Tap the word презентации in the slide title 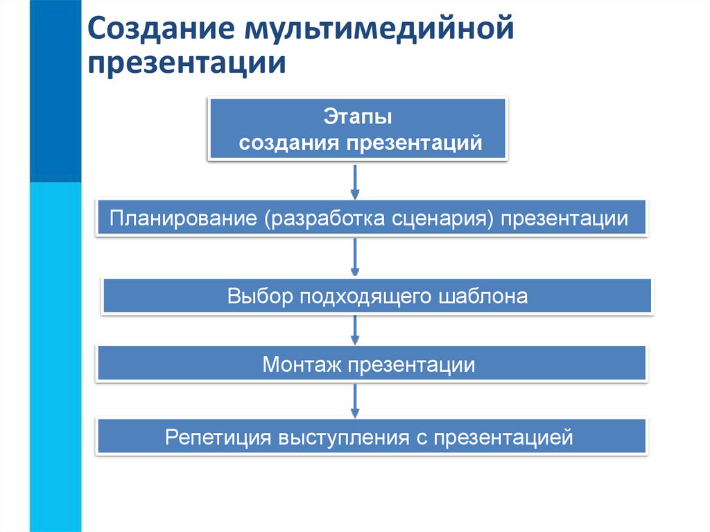[x=187, y=64]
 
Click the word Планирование [x=182, y=219]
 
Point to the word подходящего [x=367, y=297]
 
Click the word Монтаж [x=302, y=365]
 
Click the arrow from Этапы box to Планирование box [x=355, y=182]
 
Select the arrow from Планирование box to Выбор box [x=355, y=258]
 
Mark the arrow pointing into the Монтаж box [x=355, y=330]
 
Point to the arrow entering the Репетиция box [x=355, y=401]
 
